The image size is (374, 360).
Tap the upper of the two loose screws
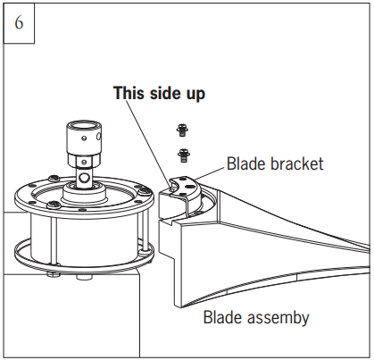[182, 130]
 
